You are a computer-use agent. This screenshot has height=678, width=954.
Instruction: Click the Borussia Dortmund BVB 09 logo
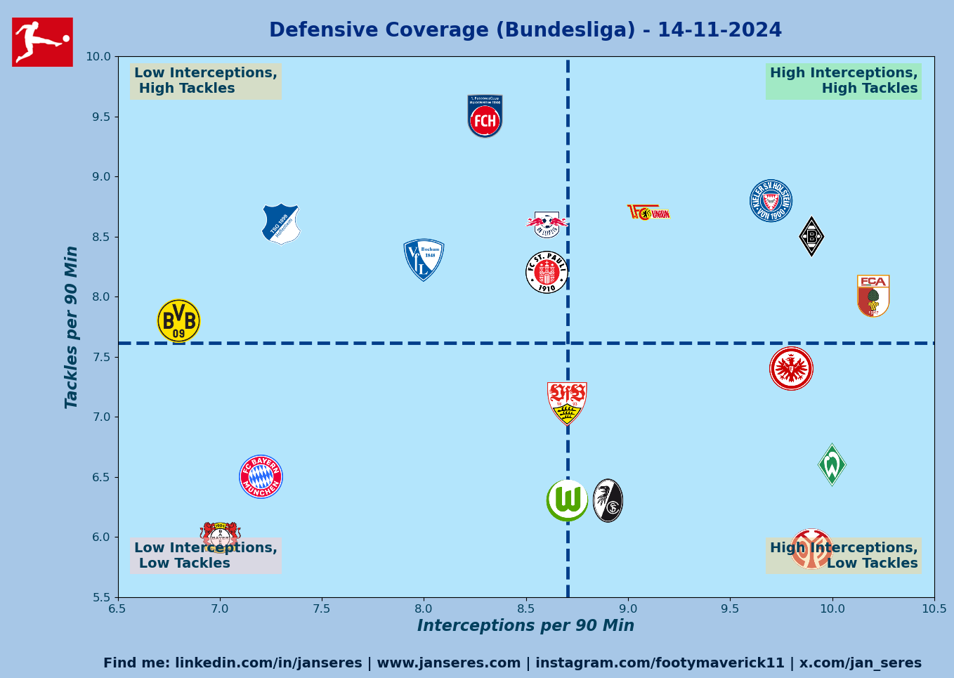click(x=178, y=321)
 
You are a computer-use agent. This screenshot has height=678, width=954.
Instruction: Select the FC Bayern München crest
click(x=261, y=477)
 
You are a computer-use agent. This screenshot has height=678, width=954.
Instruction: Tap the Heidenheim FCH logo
click(x=485, y=117)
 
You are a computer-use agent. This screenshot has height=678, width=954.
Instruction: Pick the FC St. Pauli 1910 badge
click(x=547, y=273)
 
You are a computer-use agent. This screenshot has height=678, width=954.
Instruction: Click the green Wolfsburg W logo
click(x=567, y=500)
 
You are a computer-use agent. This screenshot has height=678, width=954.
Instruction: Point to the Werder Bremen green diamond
click(x=832, y=464)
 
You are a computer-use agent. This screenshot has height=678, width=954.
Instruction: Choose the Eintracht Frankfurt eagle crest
click(x=791, y=368)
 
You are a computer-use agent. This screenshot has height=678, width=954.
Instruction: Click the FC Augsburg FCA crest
click(x=873, y=296)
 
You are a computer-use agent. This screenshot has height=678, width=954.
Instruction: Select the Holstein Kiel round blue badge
click(x=771, y=201)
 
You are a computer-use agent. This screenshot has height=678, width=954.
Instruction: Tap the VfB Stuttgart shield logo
click(x=567, y=403)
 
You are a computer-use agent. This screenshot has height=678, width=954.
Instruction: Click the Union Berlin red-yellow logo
click(x=648, y=212)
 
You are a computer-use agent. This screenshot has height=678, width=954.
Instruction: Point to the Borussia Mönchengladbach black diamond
click(x=811, y=237)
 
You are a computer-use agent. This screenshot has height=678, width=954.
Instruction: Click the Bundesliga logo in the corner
click(x=42, y=42)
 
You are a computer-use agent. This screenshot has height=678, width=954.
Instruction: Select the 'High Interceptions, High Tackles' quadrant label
click(x=843, y=81)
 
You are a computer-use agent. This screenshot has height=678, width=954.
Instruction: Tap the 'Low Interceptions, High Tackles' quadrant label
click(x=206, y=81)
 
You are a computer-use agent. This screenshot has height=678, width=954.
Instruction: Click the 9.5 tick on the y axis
click(x=102, y=117)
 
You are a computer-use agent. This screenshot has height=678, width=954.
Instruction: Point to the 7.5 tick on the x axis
click(x=322, y=608)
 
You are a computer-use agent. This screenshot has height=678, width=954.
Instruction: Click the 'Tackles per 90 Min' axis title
click(x=72, y=327)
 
